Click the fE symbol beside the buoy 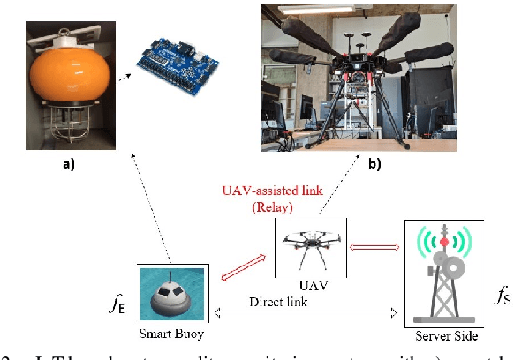(x=117, y=304)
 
